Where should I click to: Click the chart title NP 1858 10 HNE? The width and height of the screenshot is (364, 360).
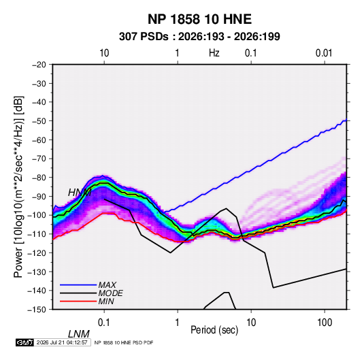pyautogui.click(x=199, y=19)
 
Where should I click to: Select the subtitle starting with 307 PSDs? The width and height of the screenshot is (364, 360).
pyautogui.click(x=199, y=37)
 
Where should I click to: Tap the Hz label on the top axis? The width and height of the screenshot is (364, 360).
pyautogui.click(x=214, y=53)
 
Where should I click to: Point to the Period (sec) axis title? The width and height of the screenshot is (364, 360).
pyautogui.click(x=214, y=330)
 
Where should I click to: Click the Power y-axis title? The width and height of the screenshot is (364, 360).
pyautogui.click(x=18, y=186)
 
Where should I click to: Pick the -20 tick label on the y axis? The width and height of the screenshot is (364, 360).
pyautogui.click(x=39, y=65)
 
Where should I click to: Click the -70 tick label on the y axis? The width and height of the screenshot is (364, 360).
pyautogui.click(x=39, y=159)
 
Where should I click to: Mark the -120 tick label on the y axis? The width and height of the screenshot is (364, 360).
pyautogui.click(x=37, y=253)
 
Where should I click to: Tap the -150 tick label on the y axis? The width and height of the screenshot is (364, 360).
pyautogui.click(x=37, y=310)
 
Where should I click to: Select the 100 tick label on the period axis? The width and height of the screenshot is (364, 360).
pyautogui.click(x=325, y=323)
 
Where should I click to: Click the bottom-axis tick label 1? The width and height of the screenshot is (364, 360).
pyautogui.click(x=178, y=323)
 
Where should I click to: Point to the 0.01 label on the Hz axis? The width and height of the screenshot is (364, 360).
pyautogui.click(x=324, y=53)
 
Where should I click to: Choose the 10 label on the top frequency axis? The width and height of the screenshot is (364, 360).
pyautogui.click(x=104, y=53)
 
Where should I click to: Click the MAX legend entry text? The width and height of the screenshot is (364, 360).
pyautogui.click(x=107, y=285)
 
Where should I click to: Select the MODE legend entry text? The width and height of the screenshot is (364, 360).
pyautogui.click(x=110, y=293)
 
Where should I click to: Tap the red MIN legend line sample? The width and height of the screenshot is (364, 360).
pyautogui.click(x=78, y=301)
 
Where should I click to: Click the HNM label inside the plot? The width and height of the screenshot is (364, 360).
pyautogui.click(x=80, y=193)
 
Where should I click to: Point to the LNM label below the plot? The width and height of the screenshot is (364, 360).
pyautogui.click(x=79, y=334)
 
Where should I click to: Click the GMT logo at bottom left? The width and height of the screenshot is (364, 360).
pyautogui.click(x=25, y=342)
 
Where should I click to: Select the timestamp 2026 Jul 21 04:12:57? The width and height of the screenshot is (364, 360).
pyautogui.click(x=62, y=342)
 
